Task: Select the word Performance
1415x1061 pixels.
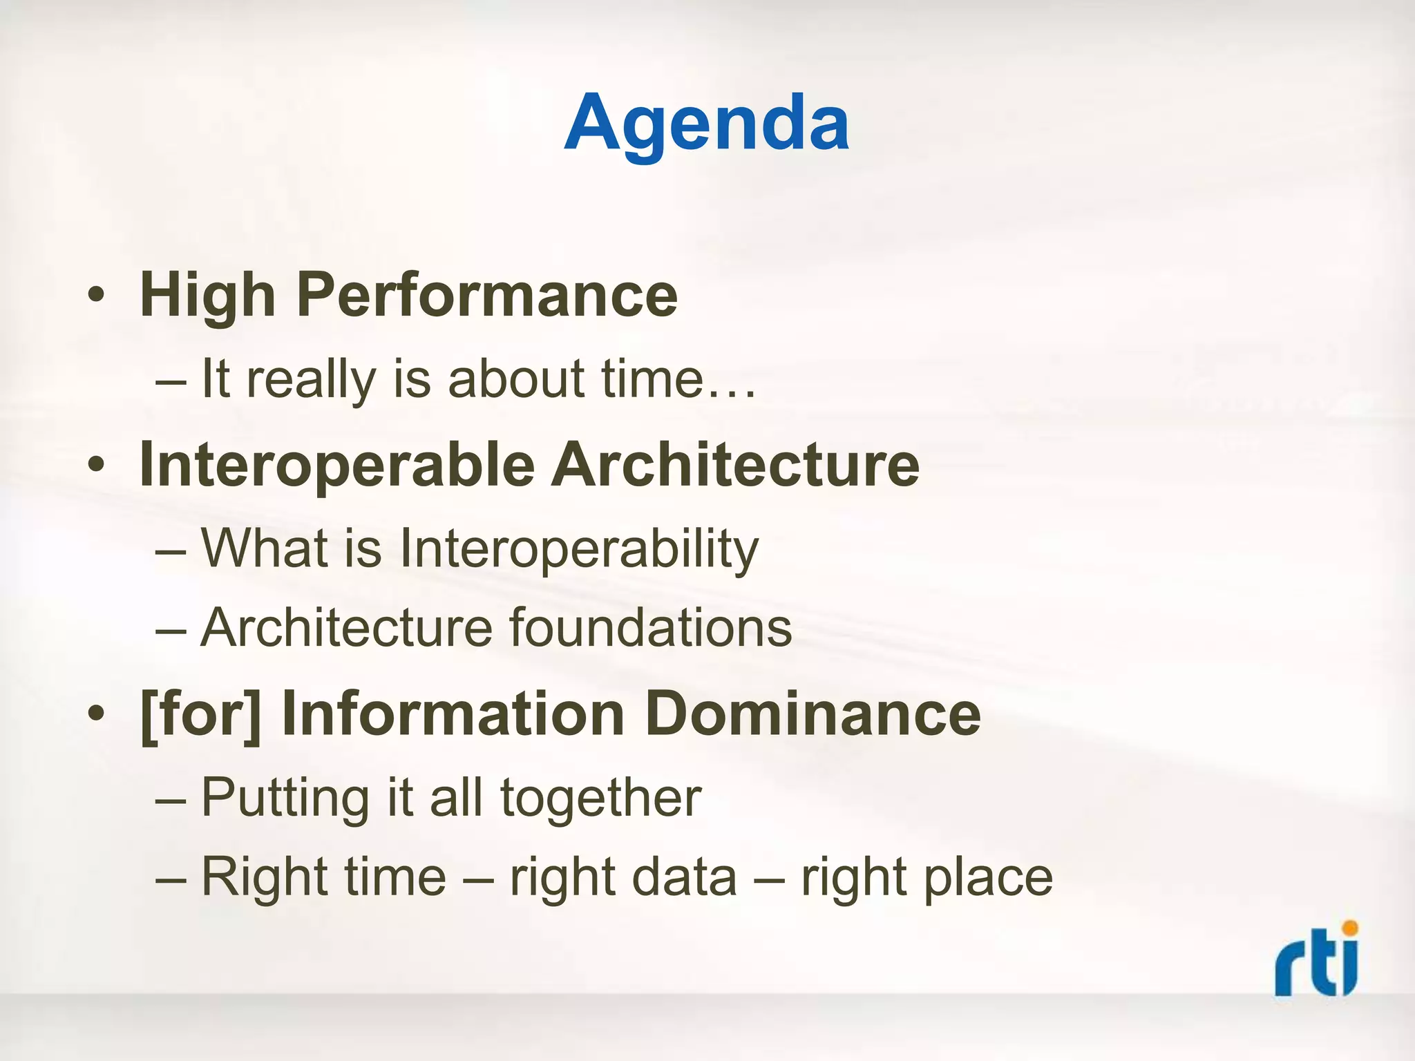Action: pos(487,296)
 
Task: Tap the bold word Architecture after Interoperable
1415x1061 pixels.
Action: pos(734,464)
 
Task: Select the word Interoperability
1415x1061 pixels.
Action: pos(579,549)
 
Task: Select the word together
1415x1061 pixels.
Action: pos(601,798)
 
